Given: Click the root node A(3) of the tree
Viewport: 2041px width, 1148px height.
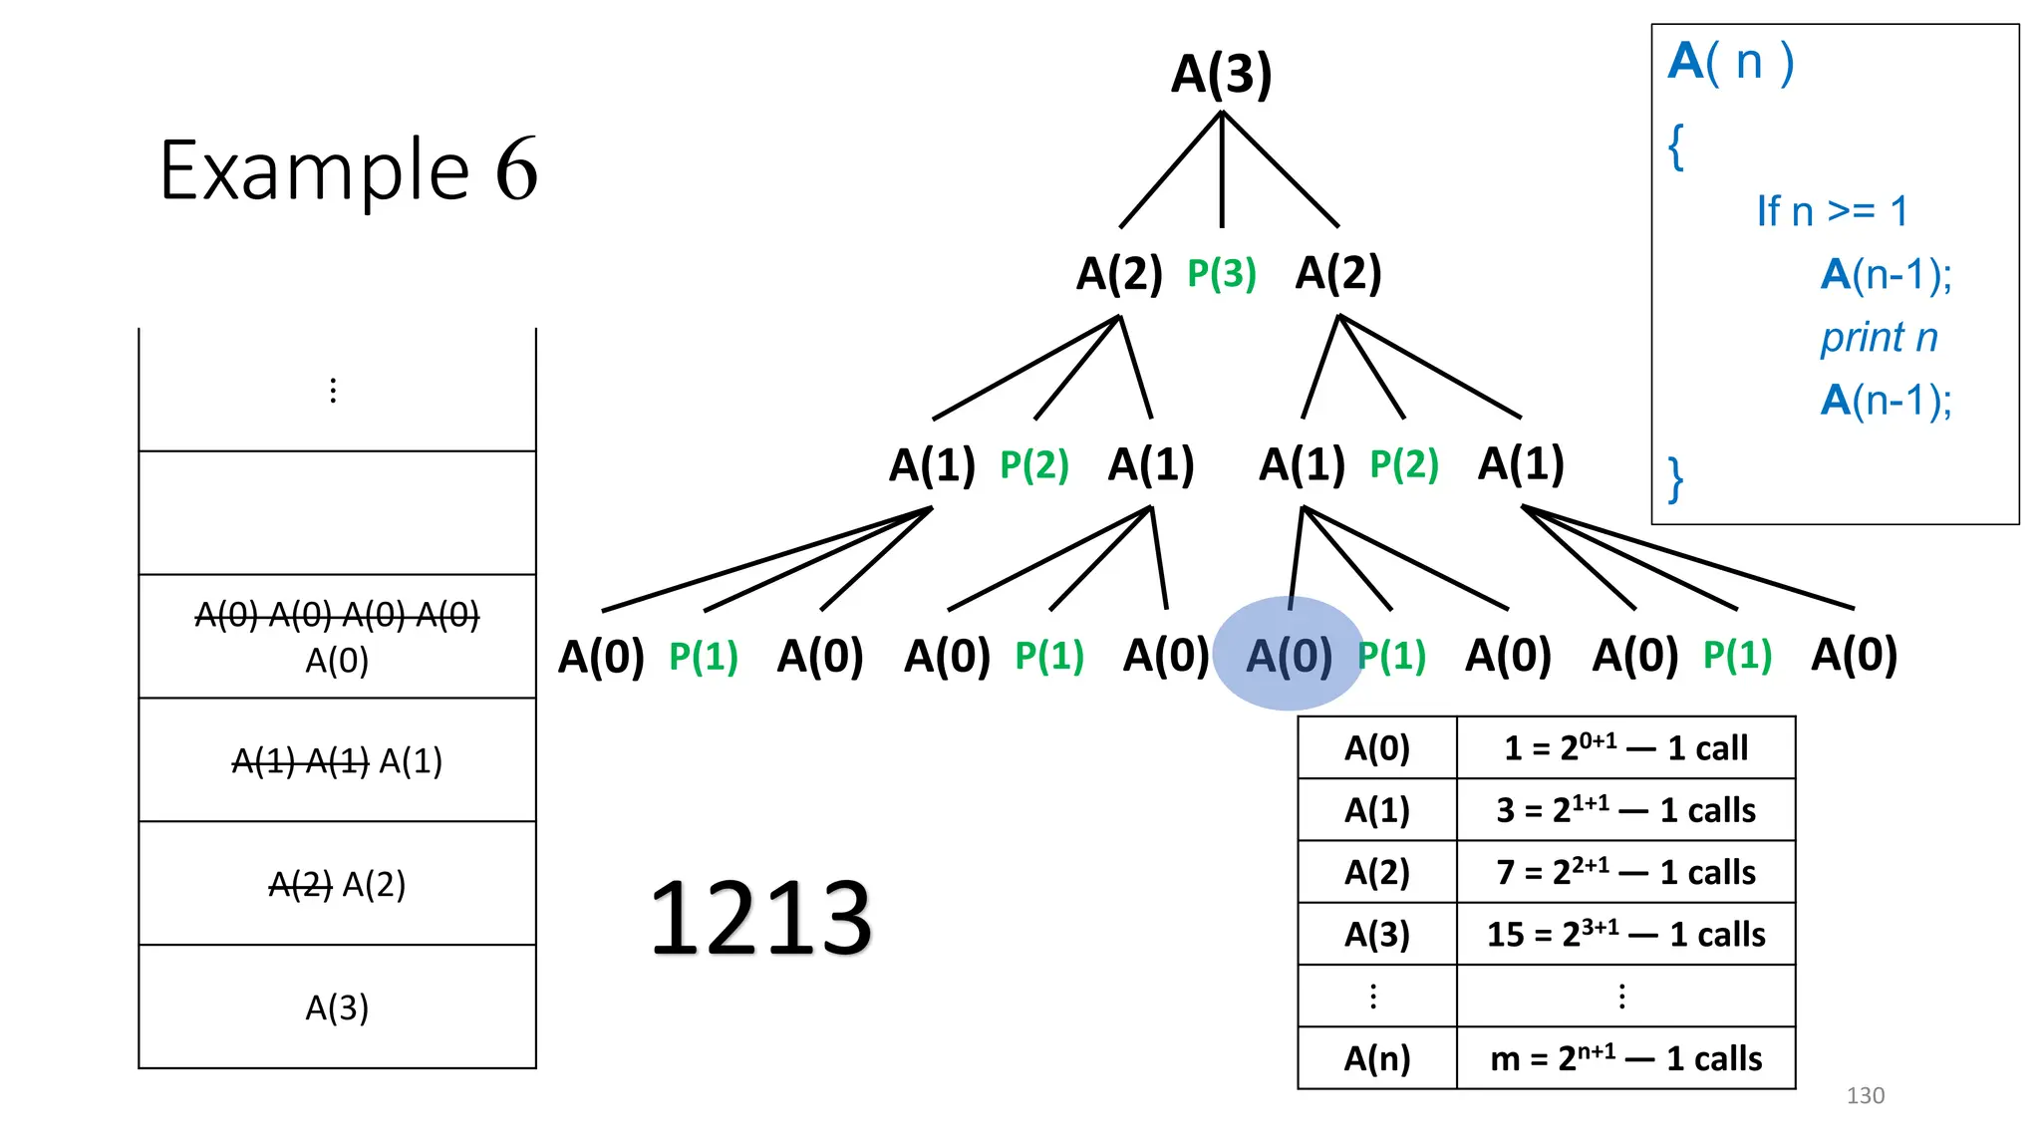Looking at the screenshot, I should pos(1221,74).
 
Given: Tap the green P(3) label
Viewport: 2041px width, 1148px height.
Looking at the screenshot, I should pos(1221,273).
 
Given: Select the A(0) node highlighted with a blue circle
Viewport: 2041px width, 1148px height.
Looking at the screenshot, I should pos(1289,656).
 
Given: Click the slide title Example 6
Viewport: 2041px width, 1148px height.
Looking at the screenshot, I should pos(349,170).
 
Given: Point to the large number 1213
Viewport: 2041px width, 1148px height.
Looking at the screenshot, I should pos(760,918).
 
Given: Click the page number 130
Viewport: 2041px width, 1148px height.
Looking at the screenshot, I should pos(1865,1095).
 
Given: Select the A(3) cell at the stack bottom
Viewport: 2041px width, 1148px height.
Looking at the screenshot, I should pos(337,1007).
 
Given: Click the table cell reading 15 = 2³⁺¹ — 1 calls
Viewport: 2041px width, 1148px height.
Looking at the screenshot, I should pos(1625,934).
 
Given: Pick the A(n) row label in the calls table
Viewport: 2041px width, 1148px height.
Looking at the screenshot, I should pos(1377,1057).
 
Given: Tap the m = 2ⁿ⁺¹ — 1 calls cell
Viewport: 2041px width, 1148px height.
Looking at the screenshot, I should pos(1625,1057).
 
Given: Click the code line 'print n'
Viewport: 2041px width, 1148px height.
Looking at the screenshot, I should pos(1879,338).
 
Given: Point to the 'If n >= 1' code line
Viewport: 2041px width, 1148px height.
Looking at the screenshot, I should pos(1832,211).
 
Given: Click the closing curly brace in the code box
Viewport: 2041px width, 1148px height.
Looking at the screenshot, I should pos(1676,479).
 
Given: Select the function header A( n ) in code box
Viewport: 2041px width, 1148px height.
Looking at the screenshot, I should pos(1731,62).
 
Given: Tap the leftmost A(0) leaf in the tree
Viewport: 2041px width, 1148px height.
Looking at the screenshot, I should pos(601,657).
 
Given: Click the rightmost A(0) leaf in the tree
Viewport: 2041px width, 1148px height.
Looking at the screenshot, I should pos(1854,655).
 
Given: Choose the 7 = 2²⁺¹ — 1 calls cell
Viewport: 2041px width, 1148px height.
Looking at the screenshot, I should pos(1625,872).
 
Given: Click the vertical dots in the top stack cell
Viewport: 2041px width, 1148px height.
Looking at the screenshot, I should pos(333,391).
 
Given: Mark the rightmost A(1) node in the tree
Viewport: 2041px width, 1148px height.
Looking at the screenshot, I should pos(1521,463).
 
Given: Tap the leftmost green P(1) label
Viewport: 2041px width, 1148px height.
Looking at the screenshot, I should pos(704,657).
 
